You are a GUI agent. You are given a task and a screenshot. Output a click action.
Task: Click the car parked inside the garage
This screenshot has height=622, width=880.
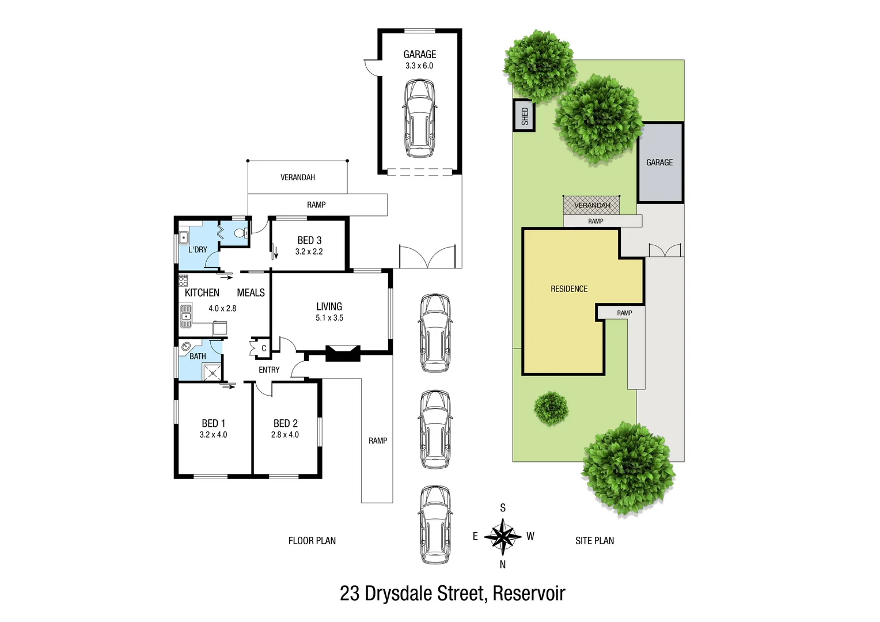(419, 119)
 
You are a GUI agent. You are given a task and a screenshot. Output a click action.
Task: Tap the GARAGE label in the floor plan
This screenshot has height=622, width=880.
(419, 55)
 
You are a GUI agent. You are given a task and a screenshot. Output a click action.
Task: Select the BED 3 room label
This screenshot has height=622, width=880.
(309, 240)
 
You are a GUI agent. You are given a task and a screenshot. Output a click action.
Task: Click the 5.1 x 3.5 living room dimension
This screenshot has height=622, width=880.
(329, 318)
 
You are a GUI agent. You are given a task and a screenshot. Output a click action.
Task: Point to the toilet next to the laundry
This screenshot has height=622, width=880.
(241, 233)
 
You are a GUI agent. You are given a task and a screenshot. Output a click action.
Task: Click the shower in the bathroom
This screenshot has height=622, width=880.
(212, 373)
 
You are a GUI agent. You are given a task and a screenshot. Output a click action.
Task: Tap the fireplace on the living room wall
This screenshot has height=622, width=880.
(343, 353)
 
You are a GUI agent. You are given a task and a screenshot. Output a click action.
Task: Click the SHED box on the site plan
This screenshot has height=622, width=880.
(524, 116)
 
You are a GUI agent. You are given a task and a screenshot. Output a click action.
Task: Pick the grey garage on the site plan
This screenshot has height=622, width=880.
(660, 162)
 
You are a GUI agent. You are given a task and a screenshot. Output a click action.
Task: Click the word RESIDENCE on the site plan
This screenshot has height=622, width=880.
(569, 289)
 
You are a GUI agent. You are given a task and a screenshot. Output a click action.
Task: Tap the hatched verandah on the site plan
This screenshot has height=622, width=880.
(591, 205)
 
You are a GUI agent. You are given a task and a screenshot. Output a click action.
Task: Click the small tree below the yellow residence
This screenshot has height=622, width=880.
(551, 408)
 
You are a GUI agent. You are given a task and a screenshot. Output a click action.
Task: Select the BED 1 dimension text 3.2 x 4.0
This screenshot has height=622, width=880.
(213, 435)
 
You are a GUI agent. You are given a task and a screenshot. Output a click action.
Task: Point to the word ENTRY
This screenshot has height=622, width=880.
(269, 370)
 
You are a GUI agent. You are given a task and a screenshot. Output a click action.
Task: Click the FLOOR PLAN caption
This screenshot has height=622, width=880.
(312, 541)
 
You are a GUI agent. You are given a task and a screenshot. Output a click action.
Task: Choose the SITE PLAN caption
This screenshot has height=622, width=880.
(594, 541)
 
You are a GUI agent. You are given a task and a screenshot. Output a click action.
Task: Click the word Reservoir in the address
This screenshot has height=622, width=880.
(529, 593)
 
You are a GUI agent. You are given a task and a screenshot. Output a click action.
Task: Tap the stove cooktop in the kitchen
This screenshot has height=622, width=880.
(183, 280)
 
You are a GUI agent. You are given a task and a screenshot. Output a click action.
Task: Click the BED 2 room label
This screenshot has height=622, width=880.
(286, 423)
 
